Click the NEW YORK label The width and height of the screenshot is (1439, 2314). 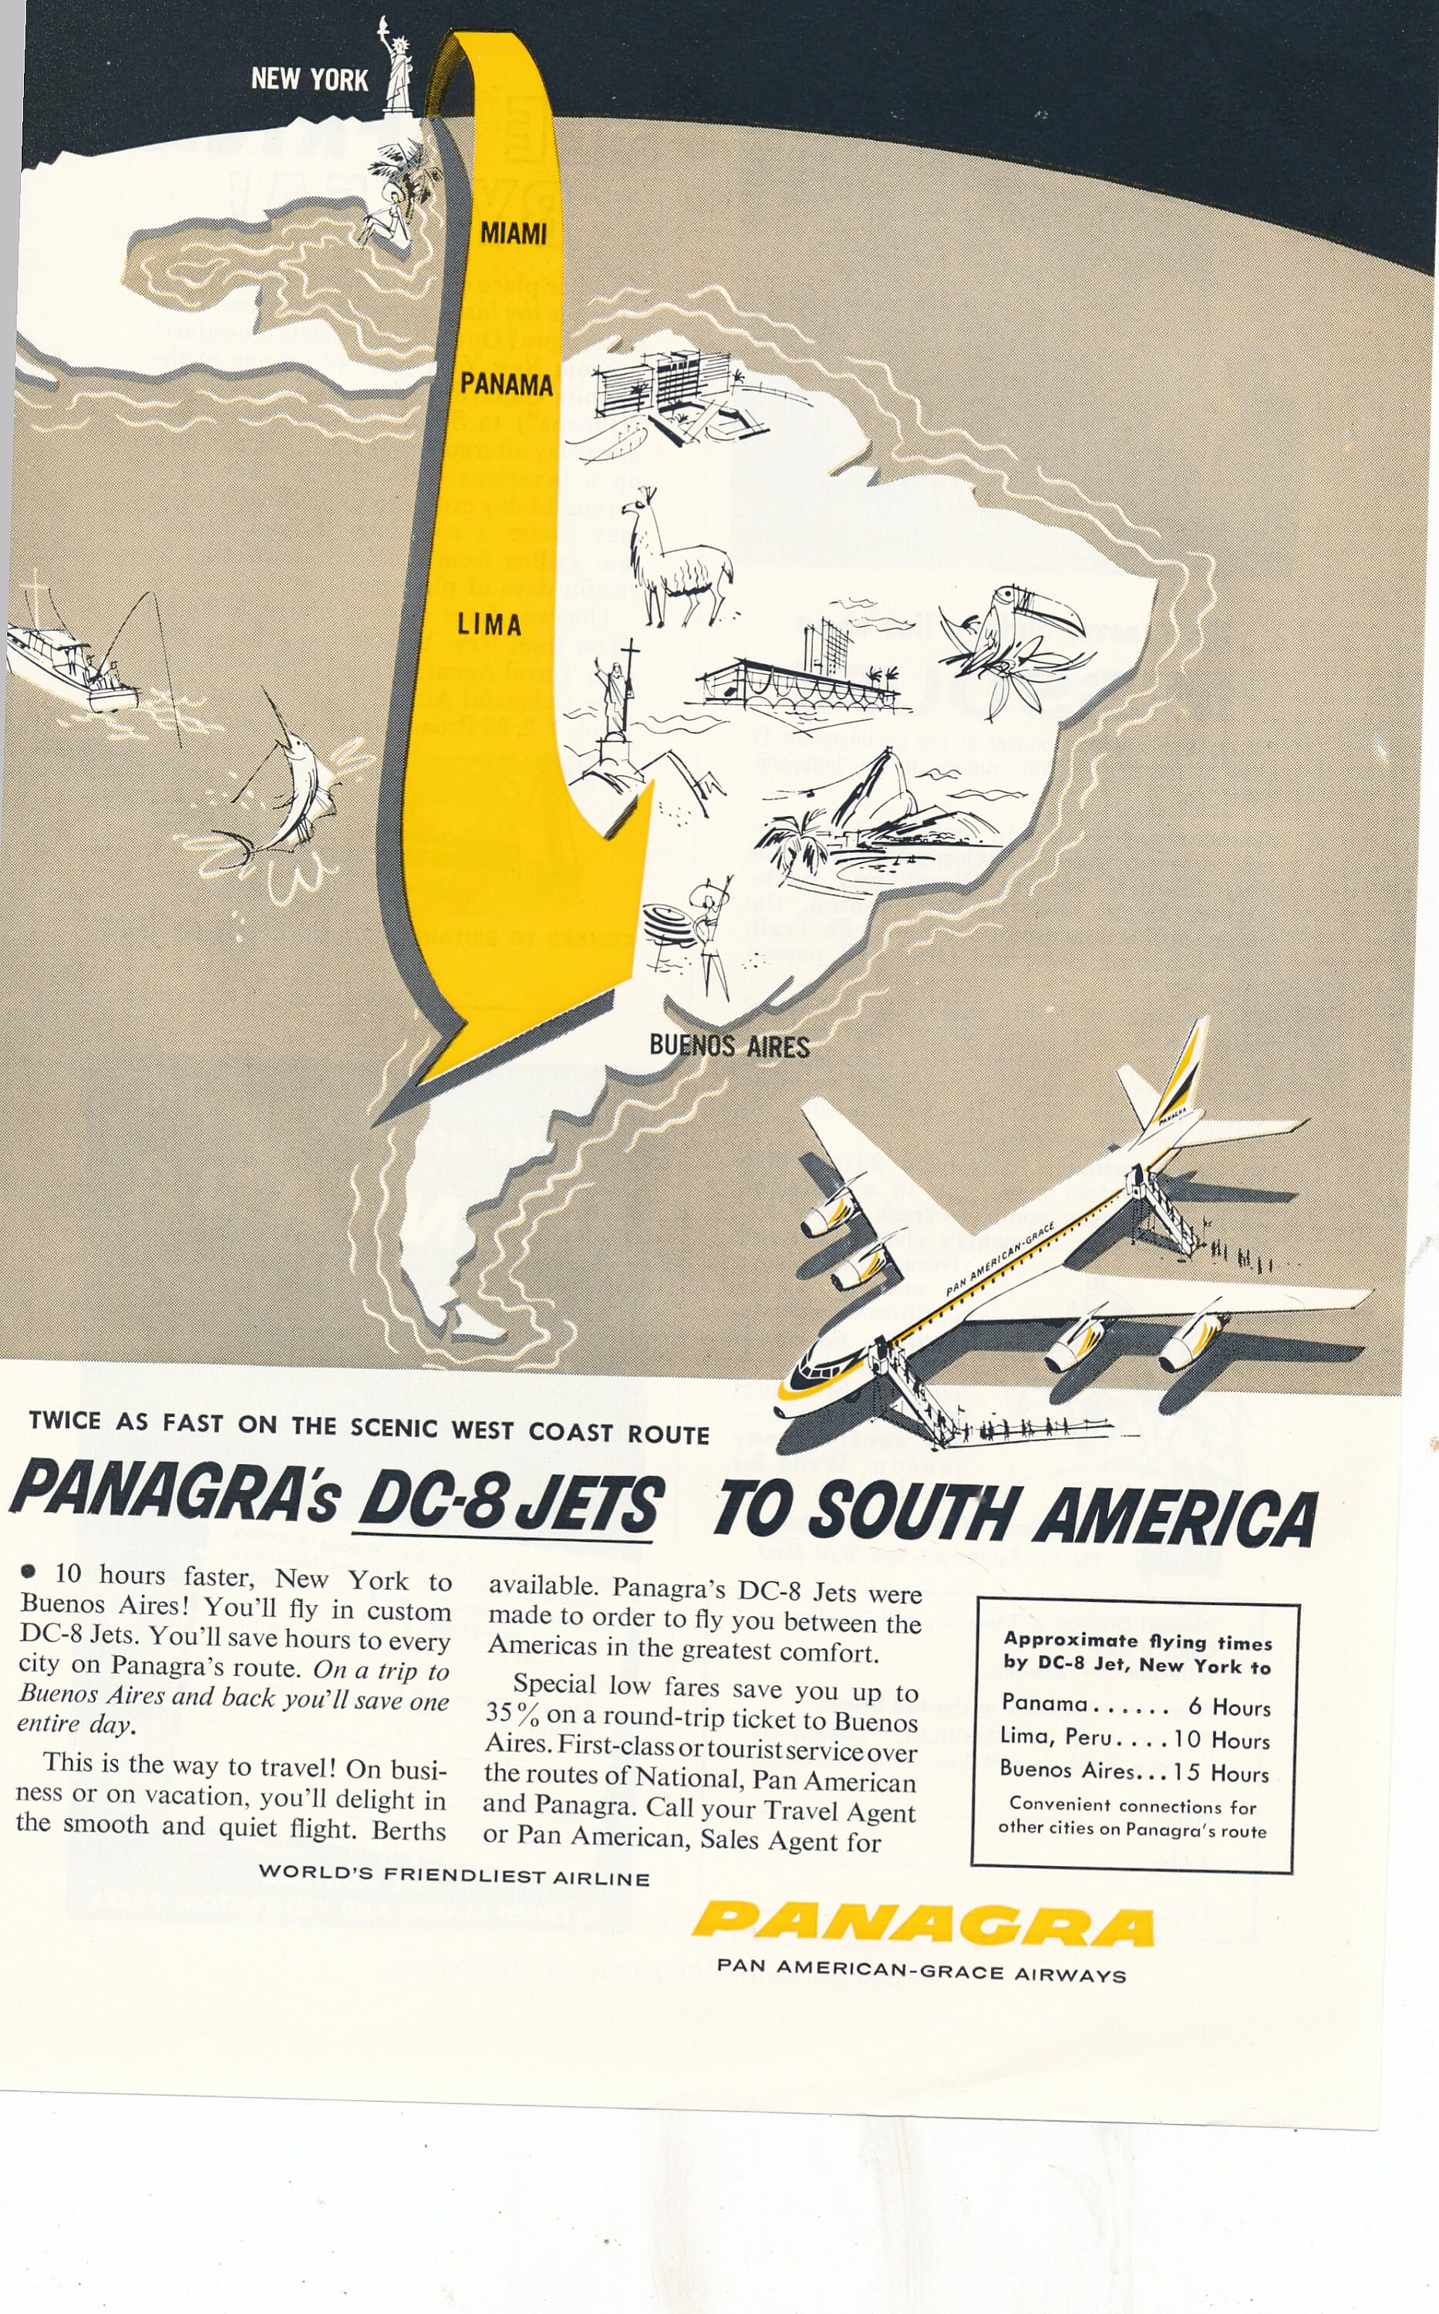(309, 79)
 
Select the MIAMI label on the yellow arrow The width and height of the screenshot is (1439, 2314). (513, 233)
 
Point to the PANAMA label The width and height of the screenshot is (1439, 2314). (507, 385)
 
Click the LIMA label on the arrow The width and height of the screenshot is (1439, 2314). (489, 626)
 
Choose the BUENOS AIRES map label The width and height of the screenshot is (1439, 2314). (729, 1046)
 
